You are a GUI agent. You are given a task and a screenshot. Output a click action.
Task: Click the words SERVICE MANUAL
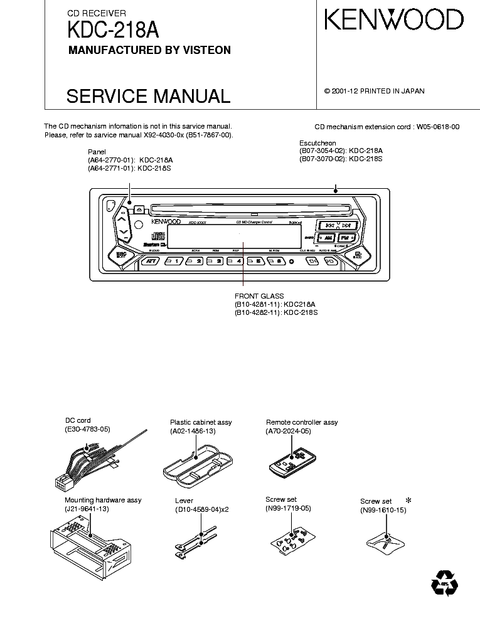pyautogui.click(x=148, y=96)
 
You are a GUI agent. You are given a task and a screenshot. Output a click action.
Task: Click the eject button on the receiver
pyautogui.click(x=139, y=210)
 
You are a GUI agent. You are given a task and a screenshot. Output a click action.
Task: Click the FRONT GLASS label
pyautogui.click(x=259, y=296)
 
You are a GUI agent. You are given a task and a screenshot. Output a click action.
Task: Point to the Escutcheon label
pyautogui.click(x=317, y=143)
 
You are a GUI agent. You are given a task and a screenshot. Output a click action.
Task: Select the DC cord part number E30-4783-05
pyautogui.click(x=87, y=430)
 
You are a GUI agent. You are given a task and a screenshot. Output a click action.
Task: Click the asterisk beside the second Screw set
pyautogui.click(x=409, y=500)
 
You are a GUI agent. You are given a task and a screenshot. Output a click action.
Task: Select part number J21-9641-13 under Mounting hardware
pyautogui.click(x=87, y=509)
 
